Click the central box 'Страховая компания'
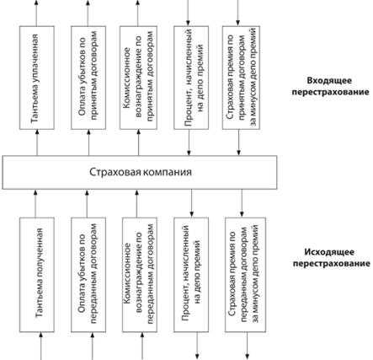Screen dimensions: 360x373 point(140,173)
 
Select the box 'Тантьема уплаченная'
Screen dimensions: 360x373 point(35,79)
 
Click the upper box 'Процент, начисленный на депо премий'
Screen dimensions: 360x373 point(192,79)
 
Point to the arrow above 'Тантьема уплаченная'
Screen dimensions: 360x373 point(35,12)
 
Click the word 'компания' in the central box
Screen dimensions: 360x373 point(165,173)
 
